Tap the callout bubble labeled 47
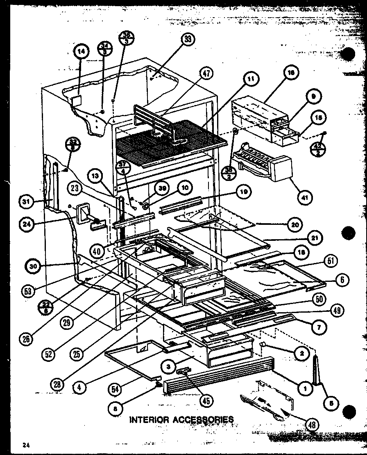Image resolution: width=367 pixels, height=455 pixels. pyautogui.click(x=206, y=74)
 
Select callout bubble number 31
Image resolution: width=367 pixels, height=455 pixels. pyautogui.click(x=26, y=201)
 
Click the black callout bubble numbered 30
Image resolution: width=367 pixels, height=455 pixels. pyautogui.click(x=33, y=266)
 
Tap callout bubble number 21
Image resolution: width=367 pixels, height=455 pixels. pyautogui.click(x=317, y=238)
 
